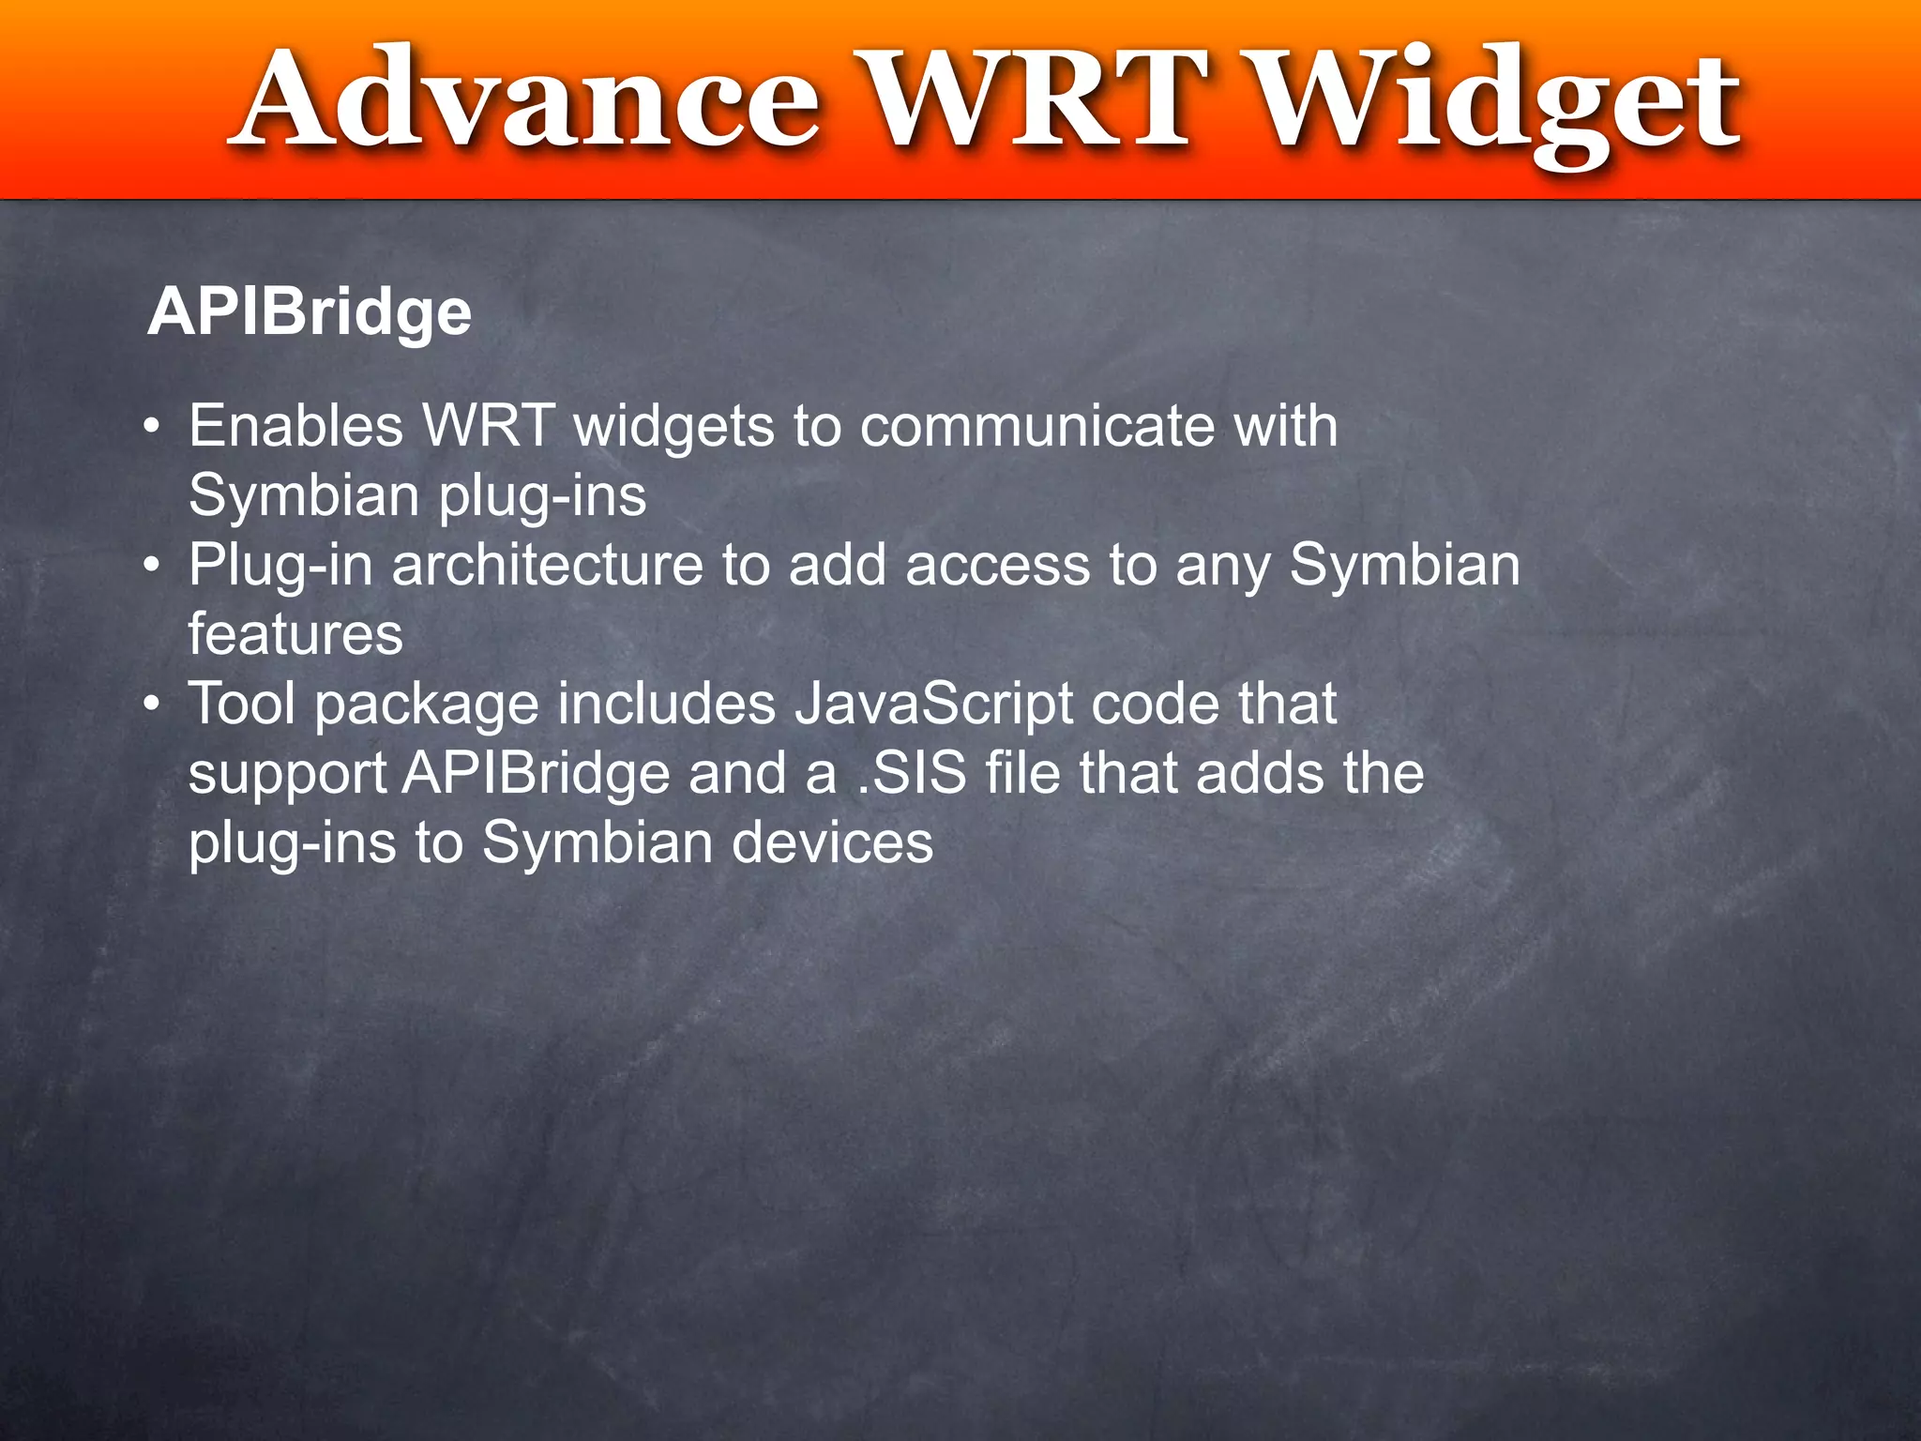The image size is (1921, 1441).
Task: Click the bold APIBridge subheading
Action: [310, 311]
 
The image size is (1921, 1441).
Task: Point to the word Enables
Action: [295, 426]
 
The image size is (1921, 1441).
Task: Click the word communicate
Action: [1036, 426]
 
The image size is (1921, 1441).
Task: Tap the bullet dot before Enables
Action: [153, 428]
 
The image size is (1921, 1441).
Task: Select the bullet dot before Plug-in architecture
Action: [153, 567]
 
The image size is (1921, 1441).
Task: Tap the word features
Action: [295, 634]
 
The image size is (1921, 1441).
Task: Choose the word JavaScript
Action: [933, 704]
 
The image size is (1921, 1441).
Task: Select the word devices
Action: [832, 842]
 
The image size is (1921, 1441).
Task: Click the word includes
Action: [667, 704]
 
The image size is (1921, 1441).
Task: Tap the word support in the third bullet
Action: [288, 775]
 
